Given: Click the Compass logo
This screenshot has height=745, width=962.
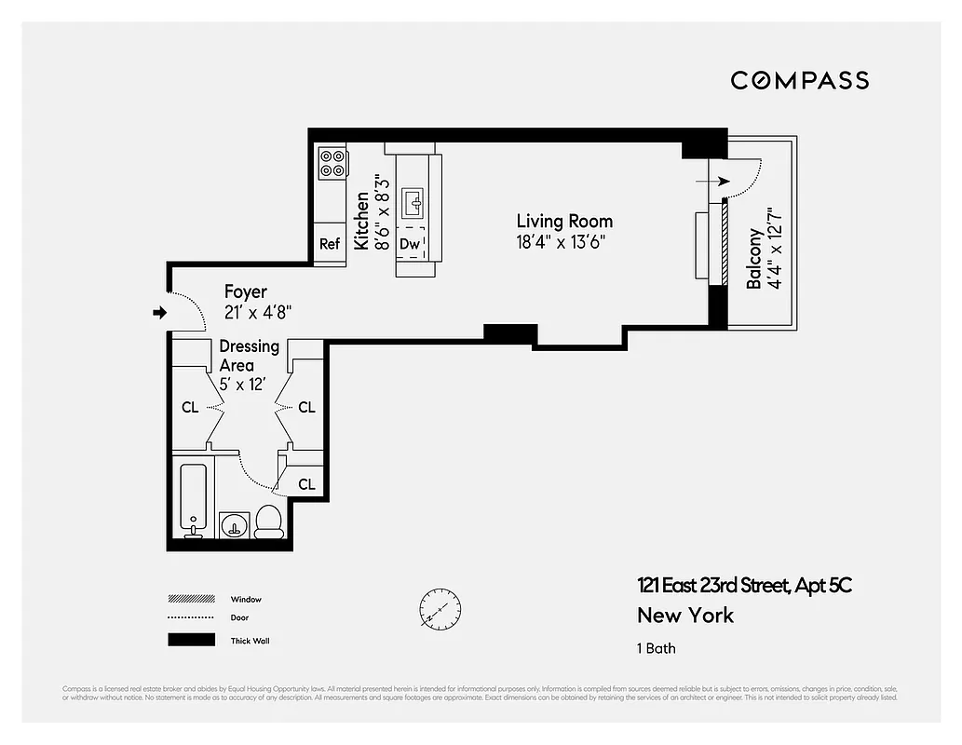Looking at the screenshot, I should coord(799,80).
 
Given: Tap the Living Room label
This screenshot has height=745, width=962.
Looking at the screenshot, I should coord(564,222).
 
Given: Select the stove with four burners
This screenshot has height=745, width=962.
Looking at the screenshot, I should coord(332,163).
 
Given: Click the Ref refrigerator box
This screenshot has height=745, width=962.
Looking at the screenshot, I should coord(330,244).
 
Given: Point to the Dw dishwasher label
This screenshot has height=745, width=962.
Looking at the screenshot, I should coord(410,244).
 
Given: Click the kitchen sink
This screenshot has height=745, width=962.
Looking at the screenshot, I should coord(413,200).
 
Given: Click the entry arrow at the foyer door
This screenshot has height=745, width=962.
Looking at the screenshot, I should coord(159,313).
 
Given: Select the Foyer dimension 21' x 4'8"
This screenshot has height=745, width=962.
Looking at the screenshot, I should coord(258,314).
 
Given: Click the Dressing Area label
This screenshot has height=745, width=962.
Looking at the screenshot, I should coord(249,356).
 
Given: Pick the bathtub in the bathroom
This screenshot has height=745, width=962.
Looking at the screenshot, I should coord(193,498).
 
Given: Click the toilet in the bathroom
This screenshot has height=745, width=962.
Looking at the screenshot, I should coord(268,521).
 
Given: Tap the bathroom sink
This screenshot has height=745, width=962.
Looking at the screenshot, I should coord(234,525).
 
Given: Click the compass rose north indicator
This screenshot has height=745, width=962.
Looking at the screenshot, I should coord(440,607).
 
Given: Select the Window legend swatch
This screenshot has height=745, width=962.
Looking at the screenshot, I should coord(190,599).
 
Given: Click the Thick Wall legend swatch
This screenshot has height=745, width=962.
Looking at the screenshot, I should coord(190,640).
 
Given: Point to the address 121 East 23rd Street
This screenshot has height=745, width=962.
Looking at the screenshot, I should coord(744,586).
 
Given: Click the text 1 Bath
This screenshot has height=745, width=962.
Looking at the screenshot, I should coord(657,648).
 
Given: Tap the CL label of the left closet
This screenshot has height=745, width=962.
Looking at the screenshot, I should coord(190,408).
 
